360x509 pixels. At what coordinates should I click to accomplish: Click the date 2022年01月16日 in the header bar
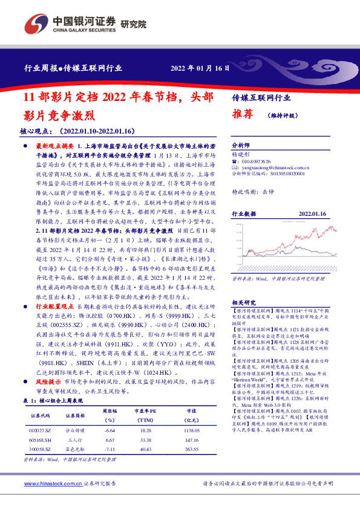point(200,68)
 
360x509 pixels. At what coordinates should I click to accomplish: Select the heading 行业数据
point(243,214)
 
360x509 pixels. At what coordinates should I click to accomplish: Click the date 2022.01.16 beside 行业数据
point(313,214)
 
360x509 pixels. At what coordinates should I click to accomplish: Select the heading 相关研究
point(243,302)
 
